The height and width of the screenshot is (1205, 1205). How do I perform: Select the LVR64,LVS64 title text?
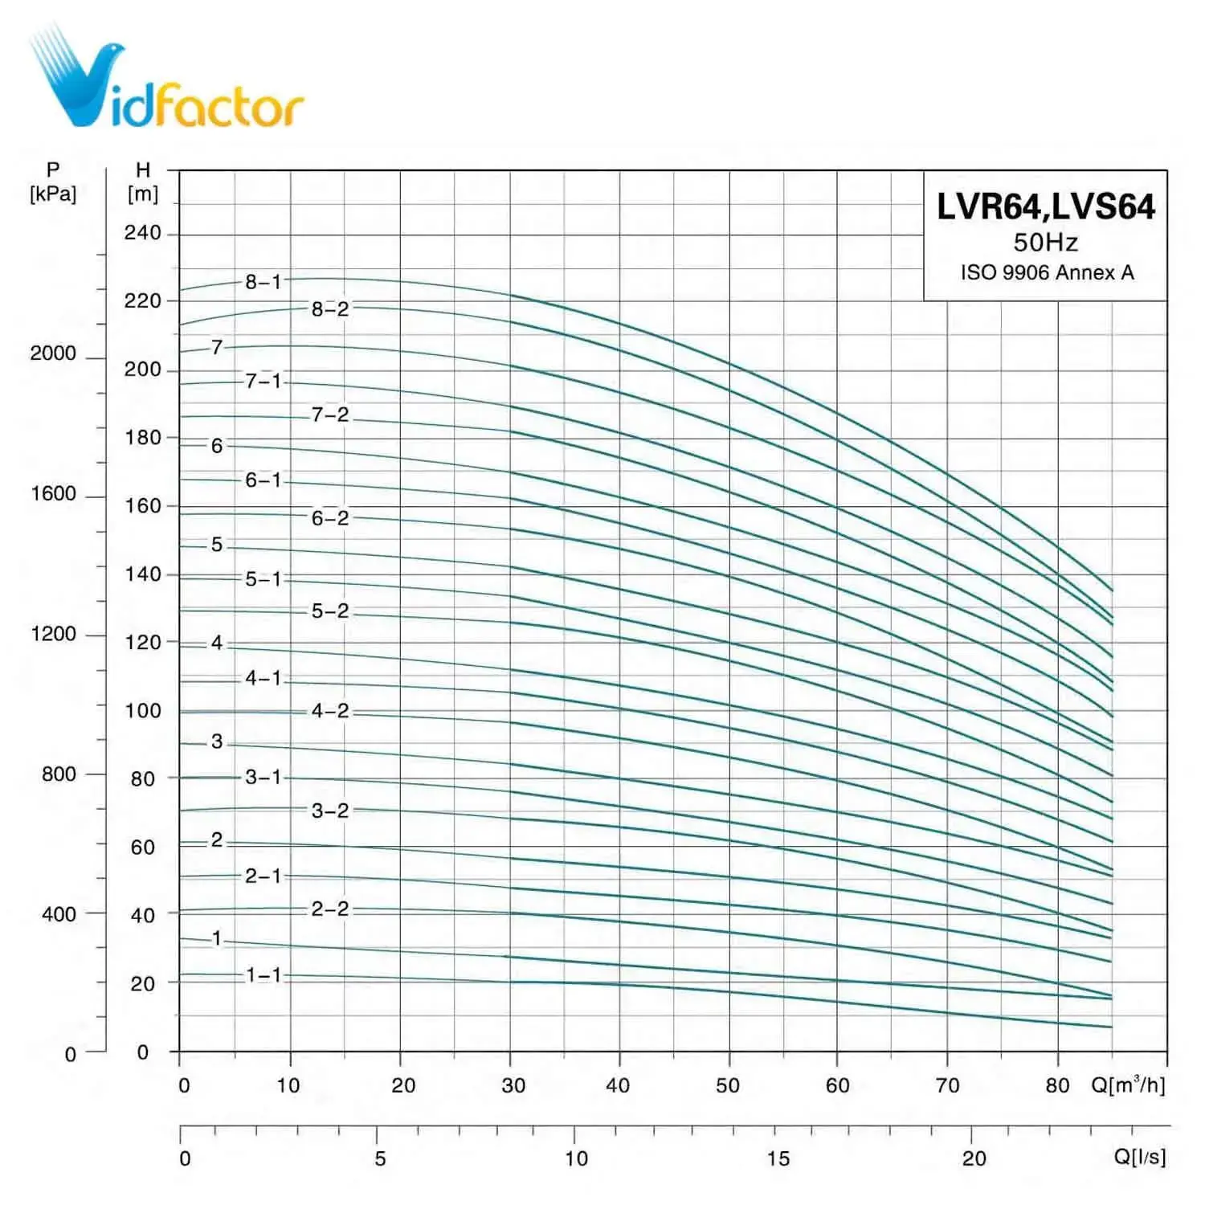[1045, 207]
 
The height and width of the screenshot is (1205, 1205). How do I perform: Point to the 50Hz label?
[1045, 242]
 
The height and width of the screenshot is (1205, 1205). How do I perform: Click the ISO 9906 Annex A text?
[1047, 273]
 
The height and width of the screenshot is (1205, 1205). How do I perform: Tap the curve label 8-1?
[263, 282]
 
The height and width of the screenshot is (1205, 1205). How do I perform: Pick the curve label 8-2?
[330, 308]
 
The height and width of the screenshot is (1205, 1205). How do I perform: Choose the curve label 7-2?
[330, 415]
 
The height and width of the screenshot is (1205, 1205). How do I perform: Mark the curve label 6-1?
[263, 480]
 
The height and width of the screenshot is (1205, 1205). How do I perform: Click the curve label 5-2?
[330, 611]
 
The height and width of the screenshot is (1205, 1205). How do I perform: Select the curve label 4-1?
[263, 678]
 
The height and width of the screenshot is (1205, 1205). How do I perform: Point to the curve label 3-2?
[330, 811]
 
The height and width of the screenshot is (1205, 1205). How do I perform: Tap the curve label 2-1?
[263, 876]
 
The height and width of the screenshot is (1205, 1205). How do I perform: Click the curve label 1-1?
[263, 975]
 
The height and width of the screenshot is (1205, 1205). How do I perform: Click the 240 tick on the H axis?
[142, 233]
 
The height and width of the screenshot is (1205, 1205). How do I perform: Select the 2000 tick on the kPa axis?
[53, 353]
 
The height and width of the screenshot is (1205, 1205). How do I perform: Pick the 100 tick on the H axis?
[142, 711]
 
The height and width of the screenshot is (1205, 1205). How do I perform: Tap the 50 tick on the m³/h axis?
[728, 1086]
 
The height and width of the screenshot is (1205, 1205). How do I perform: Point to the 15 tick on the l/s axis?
[778, 1158]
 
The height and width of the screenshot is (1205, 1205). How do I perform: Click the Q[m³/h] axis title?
[1127, 1085]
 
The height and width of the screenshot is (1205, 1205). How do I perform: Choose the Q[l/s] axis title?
[1139, 1157]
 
